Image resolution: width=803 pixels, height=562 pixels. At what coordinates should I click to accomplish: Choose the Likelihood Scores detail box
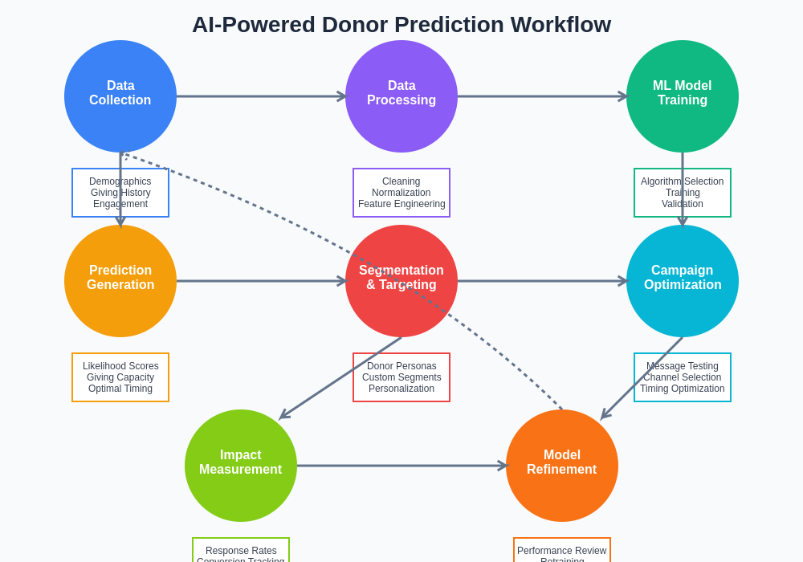coord(120,377)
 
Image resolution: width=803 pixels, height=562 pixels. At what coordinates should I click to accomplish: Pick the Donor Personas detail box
coord(401,377)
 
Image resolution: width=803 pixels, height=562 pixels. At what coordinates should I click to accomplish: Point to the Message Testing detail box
coord(683,377)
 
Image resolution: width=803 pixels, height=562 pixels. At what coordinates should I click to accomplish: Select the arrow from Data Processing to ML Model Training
coord(542,96)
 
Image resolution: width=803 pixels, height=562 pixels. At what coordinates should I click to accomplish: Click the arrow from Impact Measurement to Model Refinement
coord(401,466)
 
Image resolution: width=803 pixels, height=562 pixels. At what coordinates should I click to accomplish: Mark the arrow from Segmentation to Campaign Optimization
coord(542,281)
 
